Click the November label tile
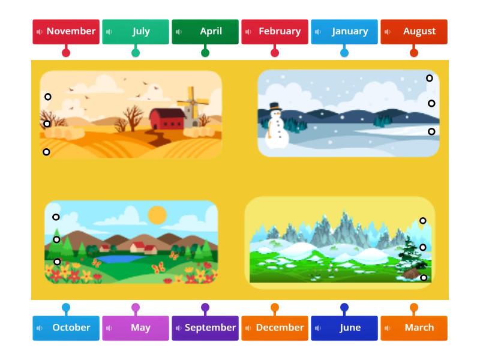(66, 31)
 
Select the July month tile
(136, 31)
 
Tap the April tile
(205, 31)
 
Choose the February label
(275, 31)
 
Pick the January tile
(344, 31)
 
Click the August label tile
(414, 31)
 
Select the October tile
(66, 328)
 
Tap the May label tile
(136, 328)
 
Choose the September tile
(205, 328)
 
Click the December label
(275, 328)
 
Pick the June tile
(344, 328)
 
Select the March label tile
(414, 328)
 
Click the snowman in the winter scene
(276, 127)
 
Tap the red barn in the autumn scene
(167, 119)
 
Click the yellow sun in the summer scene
(157, 215)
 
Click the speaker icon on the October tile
(40, 328)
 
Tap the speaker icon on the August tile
(388, 32)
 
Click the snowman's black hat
(275, 106)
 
